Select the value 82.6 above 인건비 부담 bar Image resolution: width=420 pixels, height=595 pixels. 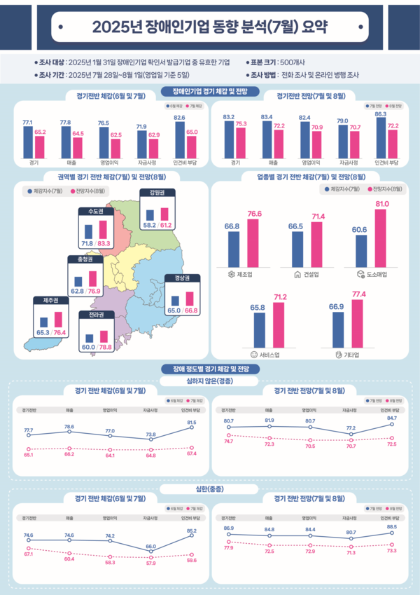180,118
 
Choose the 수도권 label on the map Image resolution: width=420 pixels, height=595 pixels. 92,211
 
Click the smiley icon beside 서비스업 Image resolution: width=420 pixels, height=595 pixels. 253,354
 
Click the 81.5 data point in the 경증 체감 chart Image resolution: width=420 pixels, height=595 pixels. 192,427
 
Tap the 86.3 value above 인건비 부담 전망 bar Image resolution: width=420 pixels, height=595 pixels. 381,113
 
